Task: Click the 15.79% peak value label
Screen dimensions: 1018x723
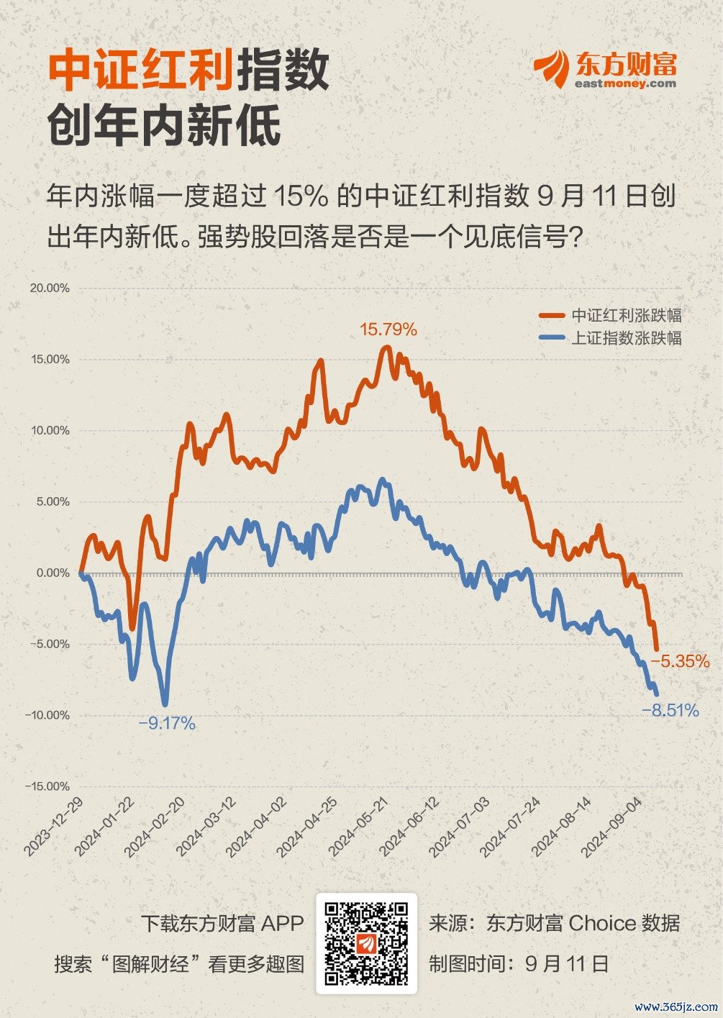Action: [x=388, y=330]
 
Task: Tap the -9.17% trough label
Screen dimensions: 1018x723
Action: [x=167, y=723]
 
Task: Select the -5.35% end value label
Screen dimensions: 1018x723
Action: [x=681, y=661]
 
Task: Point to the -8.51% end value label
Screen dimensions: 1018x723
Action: [x=670, y=711]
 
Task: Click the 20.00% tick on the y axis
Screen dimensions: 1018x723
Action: [x=50, y=288]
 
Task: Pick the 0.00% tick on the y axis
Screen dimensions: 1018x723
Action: [x=53, y=573]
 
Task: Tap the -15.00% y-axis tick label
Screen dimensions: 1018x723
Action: [x=47, y=786]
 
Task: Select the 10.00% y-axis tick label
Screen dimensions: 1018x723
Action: [x=50, y=431]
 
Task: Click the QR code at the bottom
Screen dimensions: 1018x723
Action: [x=366, y=943]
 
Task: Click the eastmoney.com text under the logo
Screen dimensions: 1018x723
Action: [x=625, y=83]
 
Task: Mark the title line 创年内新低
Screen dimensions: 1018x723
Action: [x=164, y=127]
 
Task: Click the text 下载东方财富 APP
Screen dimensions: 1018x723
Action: [x=222, y=923]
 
